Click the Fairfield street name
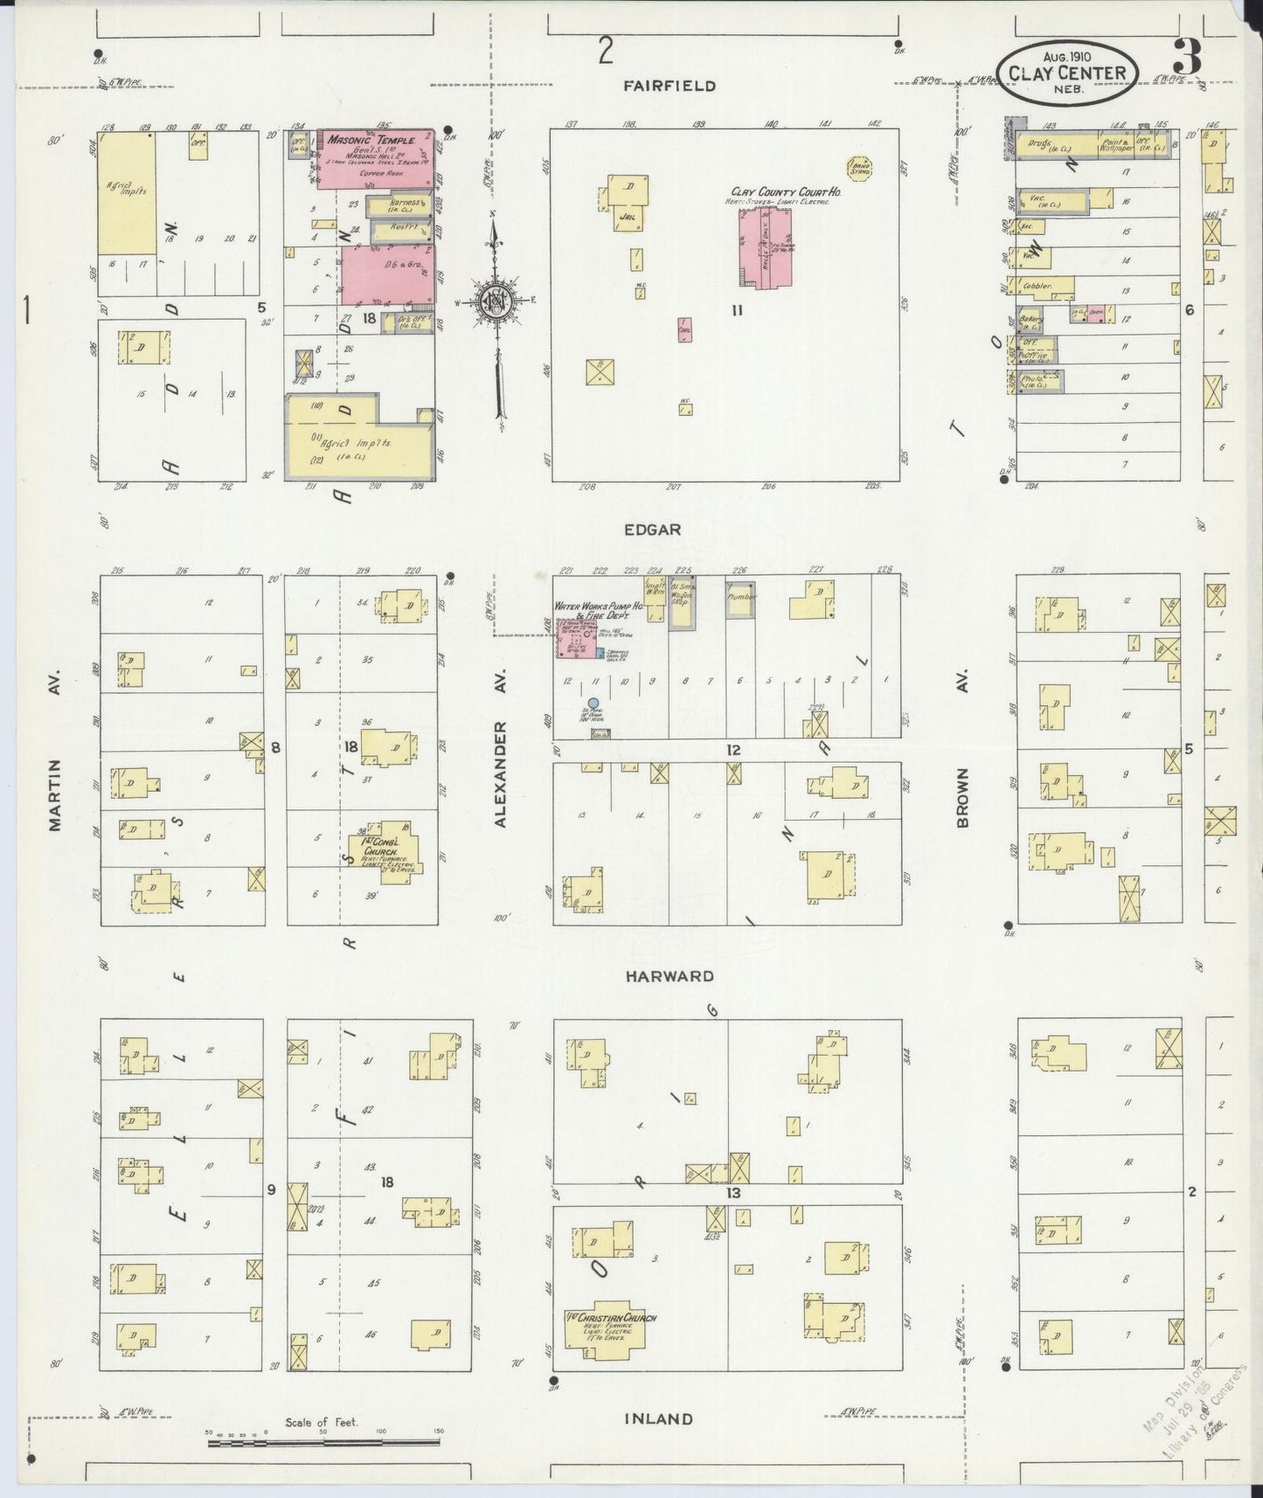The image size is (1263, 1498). click(x=670, y=86)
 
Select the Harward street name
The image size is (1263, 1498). click(x=670, y=976)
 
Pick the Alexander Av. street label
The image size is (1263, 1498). click(x=501, y=773)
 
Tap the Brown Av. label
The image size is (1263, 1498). click(x=962, y=797)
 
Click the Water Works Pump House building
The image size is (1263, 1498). click(x=576, y=638)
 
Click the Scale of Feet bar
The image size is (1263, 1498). click(x=323, y=1444)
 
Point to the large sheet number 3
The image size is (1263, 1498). click(x=1187, y=58)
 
